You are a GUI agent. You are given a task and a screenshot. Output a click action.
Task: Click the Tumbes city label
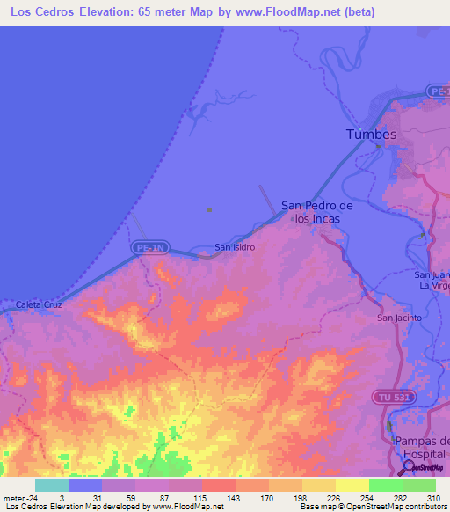tap(371, 135)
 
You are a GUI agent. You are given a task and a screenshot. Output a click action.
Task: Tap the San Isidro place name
tap(236, 247)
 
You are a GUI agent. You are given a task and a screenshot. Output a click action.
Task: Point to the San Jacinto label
tap(399, 318)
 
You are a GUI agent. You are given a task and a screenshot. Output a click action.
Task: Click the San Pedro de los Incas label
tap(316, 212)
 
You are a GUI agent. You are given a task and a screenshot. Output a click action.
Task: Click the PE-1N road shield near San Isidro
tap(149, 249)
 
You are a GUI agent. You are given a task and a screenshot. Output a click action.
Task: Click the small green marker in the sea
tap(209, 209)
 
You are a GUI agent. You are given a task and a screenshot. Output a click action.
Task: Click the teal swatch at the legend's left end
tap(51, 485)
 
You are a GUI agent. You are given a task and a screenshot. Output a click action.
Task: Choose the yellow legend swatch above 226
tap(318, 485)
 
